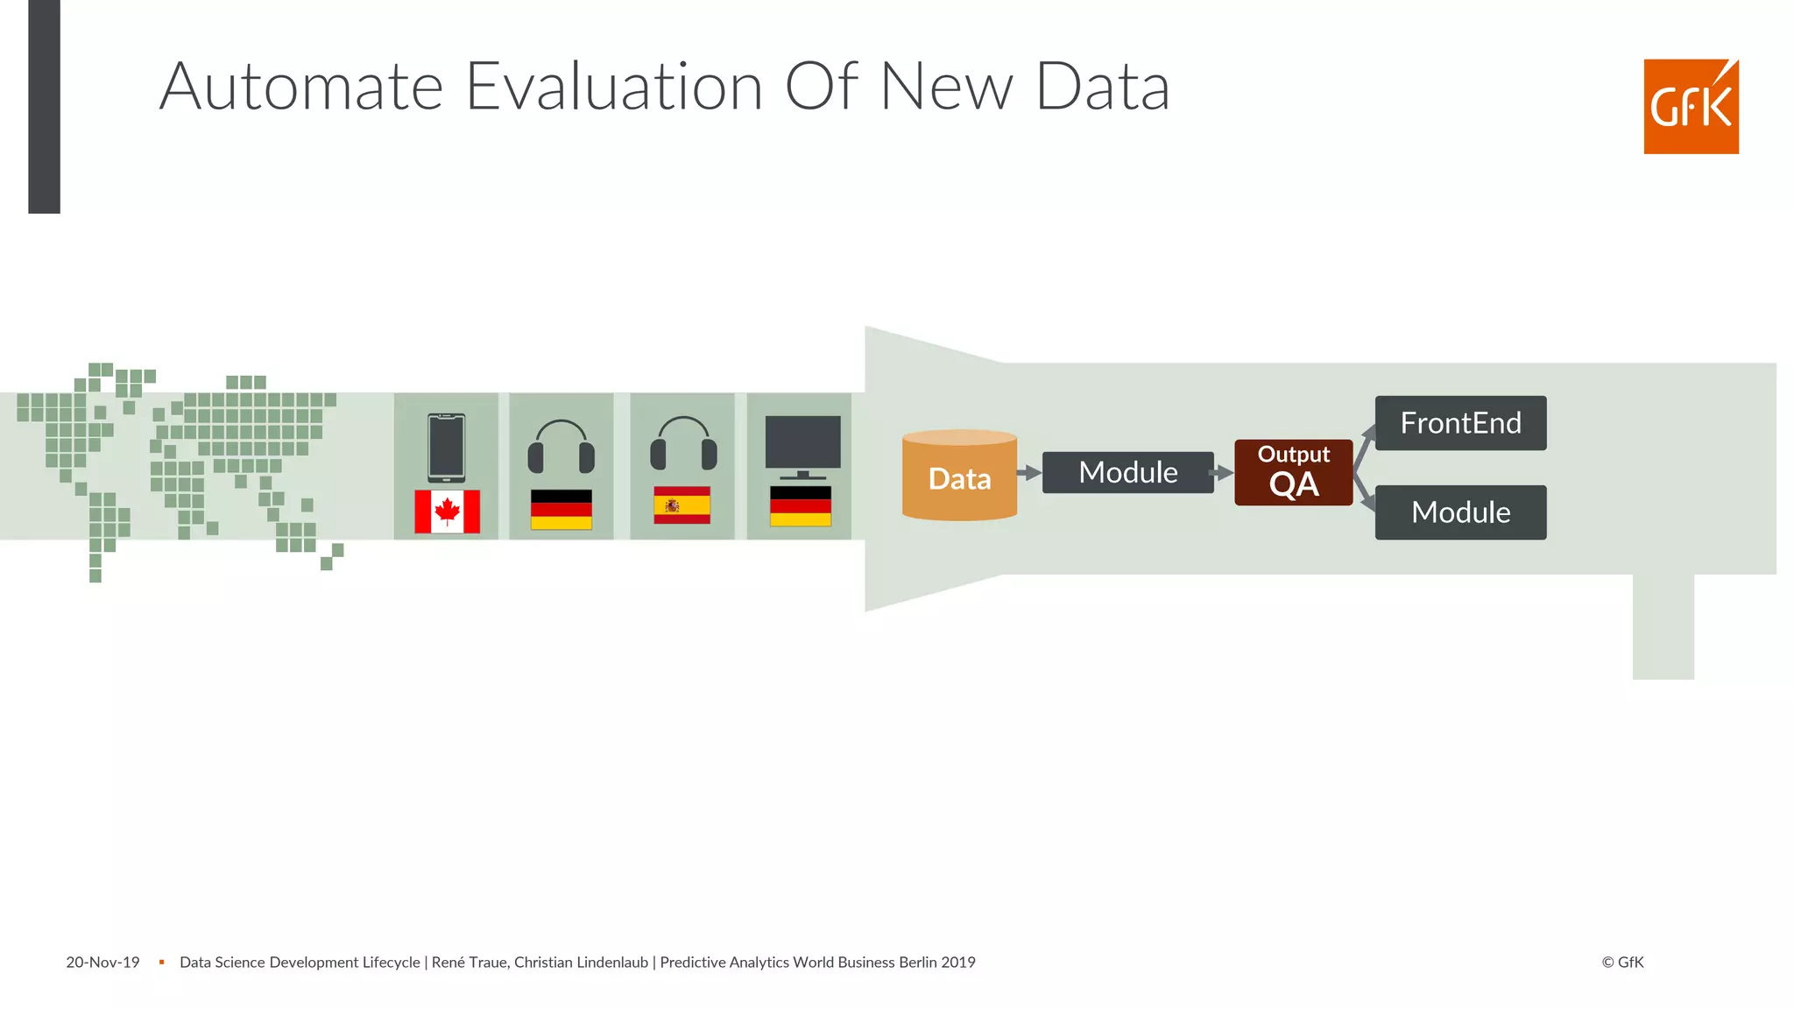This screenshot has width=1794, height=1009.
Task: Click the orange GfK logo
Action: [x=1691, y=107]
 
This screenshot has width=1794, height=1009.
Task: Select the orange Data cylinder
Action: [x=959, y=476]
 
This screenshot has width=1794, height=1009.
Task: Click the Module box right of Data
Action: [x=1127, y=473]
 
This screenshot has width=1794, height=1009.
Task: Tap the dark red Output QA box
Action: [x=1293, y=473]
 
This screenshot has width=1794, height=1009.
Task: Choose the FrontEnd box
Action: [x=1460, y=423]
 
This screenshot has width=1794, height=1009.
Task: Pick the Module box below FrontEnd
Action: [x=1460, y=512]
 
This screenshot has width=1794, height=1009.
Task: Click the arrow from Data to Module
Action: [x=1029, y=473]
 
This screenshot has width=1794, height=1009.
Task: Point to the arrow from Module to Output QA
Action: [x=1224, y=473]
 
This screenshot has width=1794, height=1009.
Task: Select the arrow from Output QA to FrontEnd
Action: [x=1364, y=443]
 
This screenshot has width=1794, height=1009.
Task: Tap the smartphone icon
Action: [x=446, y=448]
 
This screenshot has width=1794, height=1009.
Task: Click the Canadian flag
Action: [x=447, y=512]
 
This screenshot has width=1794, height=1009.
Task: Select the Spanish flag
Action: [x=682, y=505]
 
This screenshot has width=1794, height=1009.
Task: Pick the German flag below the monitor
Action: [x=800, y=506]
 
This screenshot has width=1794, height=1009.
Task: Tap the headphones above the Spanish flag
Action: [x=683, y=443]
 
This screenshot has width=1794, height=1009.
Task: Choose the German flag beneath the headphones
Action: [x=561, y=509]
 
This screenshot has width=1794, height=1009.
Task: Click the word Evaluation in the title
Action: [x=614, y=87]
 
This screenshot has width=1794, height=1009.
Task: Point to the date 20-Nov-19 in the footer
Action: [x=102, y=963]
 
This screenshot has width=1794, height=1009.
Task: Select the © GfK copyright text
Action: [x=1622, y=963]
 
